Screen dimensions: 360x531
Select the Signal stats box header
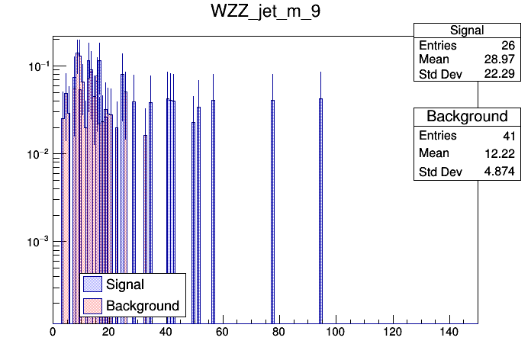click(x=467, y=31)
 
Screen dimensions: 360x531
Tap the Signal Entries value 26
click(x=507, y=46)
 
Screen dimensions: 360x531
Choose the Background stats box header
click(x=467, y=116)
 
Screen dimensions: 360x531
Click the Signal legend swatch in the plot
click(x=92, y=284)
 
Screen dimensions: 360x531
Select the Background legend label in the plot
click(x=143, y=306)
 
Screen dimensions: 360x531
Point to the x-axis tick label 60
click(x=222, y=333)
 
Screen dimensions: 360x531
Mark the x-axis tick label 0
click(x=53, y=333)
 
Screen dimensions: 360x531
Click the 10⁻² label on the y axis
click(x=34, y=154)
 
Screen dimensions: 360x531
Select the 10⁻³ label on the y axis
click(x=34, y=242)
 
